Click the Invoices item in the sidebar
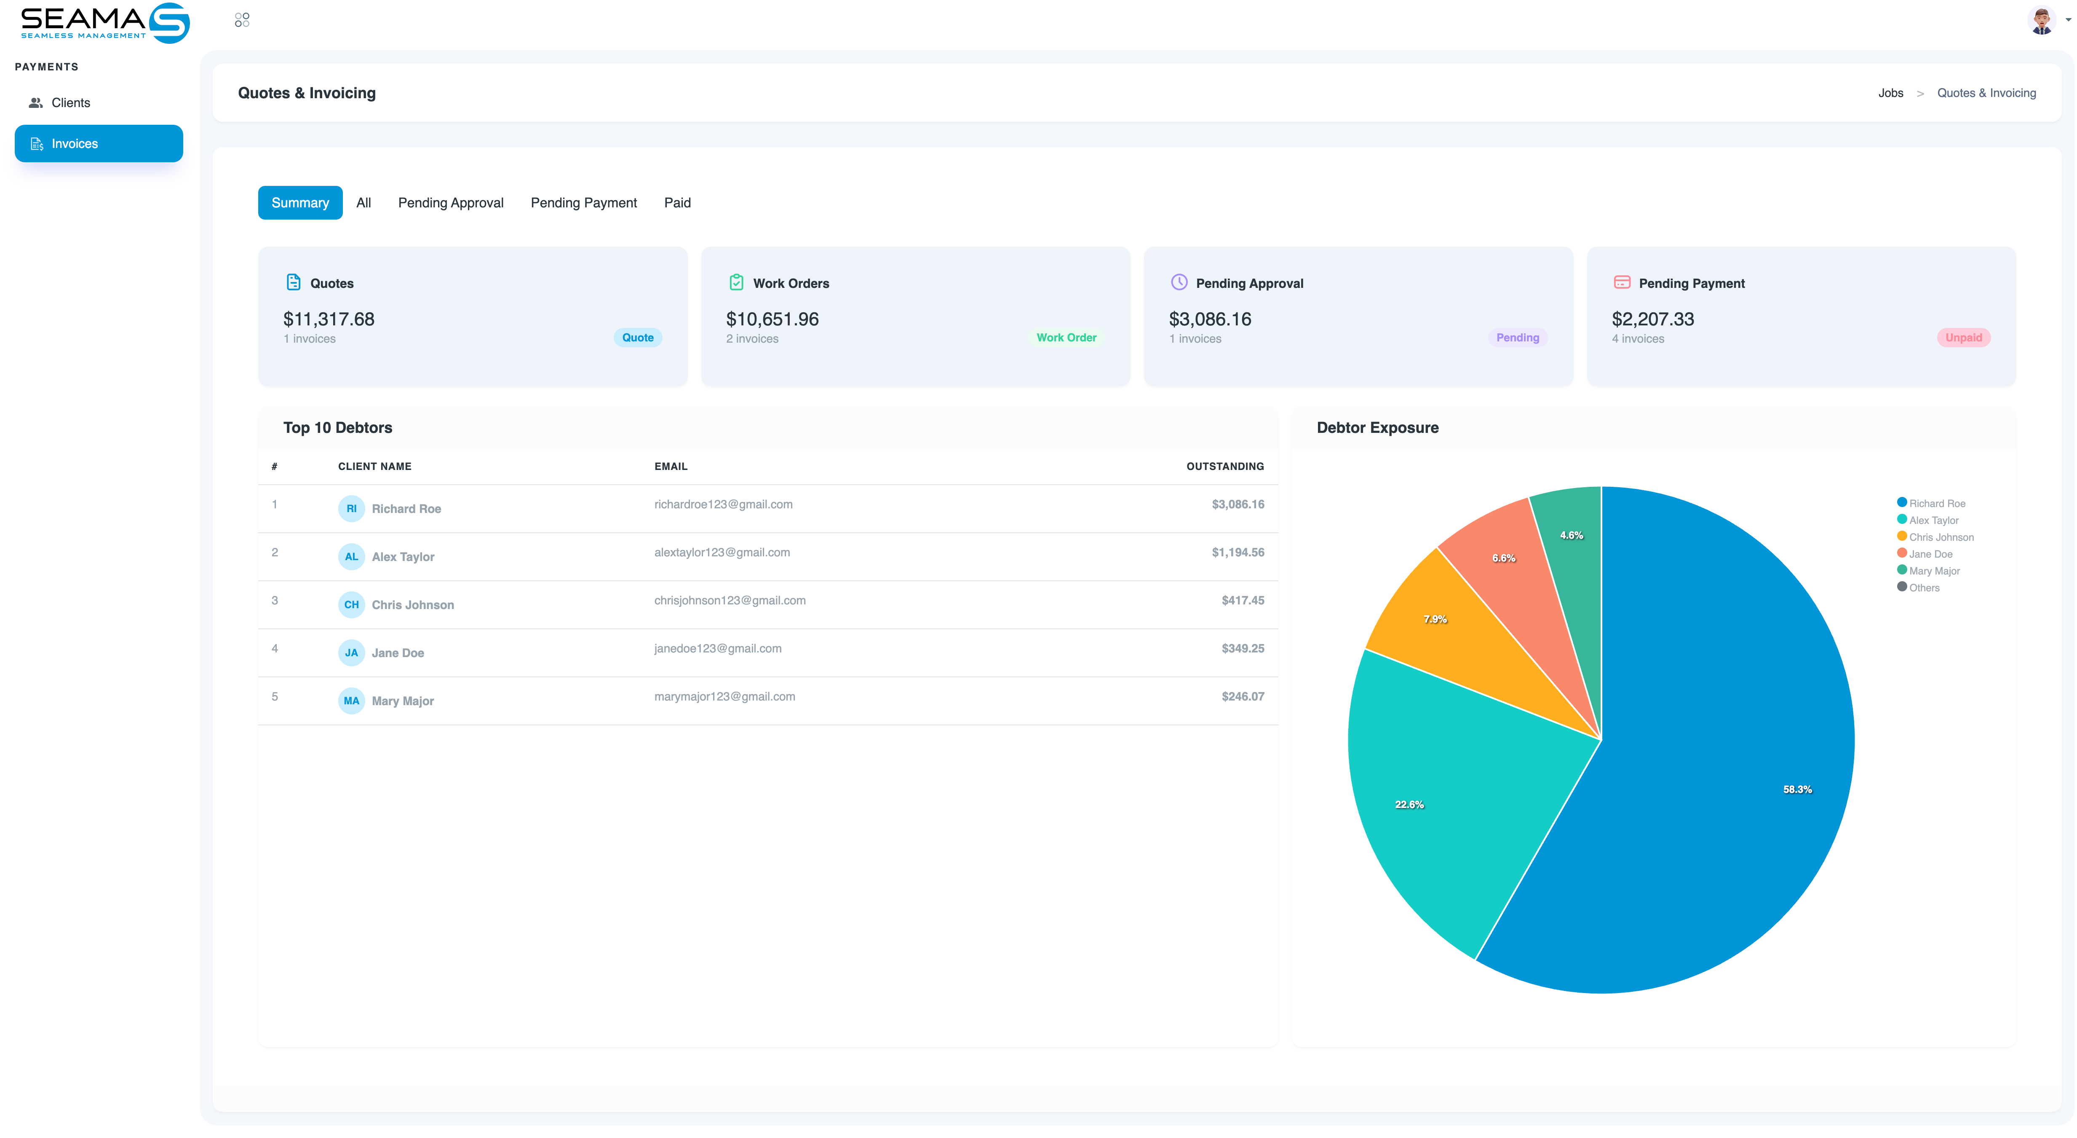tap(99, 144)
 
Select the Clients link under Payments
tap(70, 102)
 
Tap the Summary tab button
tap(300, 202)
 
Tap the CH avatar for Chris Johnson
tap(352, 604)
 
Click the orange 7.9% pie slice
tap(1460, 637)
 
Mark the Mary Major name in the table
tap(402, 701)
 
